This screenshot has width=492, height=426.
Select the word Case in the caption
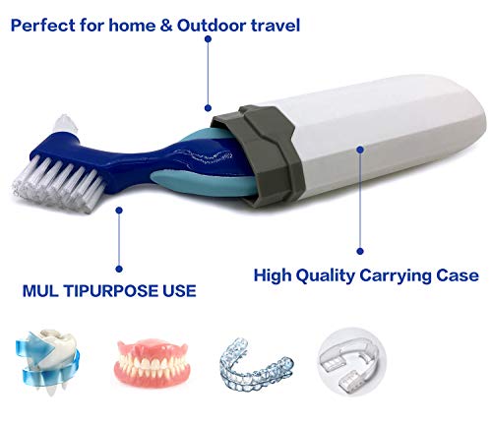tap(458, 276)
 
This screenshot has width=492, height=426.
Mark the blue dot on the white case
tap(360, 151)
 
